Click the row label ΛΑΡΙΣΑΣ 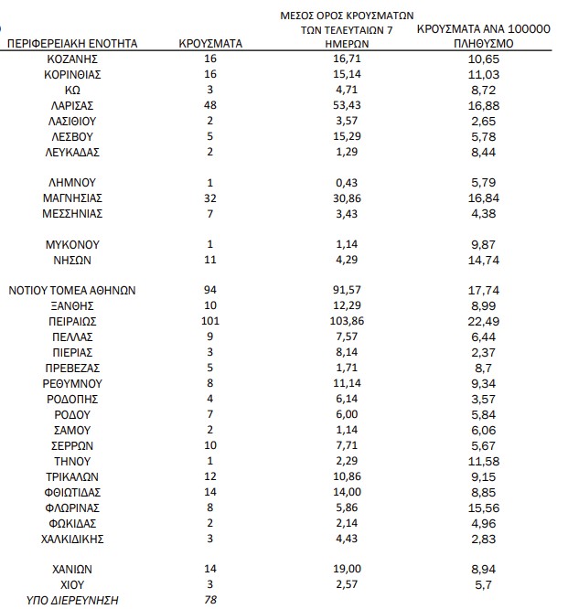tap(73, 104)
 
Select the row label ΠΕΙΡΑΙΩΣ tap(73, 321)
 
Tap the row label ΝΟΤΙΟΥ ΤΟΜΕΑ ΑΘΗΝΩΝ tap(73, 290)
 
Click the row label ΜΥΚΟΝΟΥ tap(73, 244)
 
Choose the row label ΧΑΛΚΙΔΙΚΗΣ tap(73, 538)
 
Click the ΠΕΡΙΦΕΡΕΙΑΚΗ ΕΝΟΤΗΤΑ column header tap(73, 43)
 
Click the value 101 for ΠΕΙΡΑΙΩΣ tap(211, 321)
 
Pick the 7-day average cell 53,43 tap(346, 104)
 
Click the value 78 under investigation tap(211, 600)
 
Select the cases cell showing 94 tap(211, 290)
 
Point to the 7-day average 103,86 tap(346, 321)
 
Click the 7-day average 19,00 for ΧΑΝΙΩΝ tap(346, 569)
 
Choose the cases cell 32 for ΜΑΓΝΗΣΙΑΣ tap(211, 198)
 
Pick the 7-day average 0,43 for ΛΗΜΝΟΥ tap(346, 182)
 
